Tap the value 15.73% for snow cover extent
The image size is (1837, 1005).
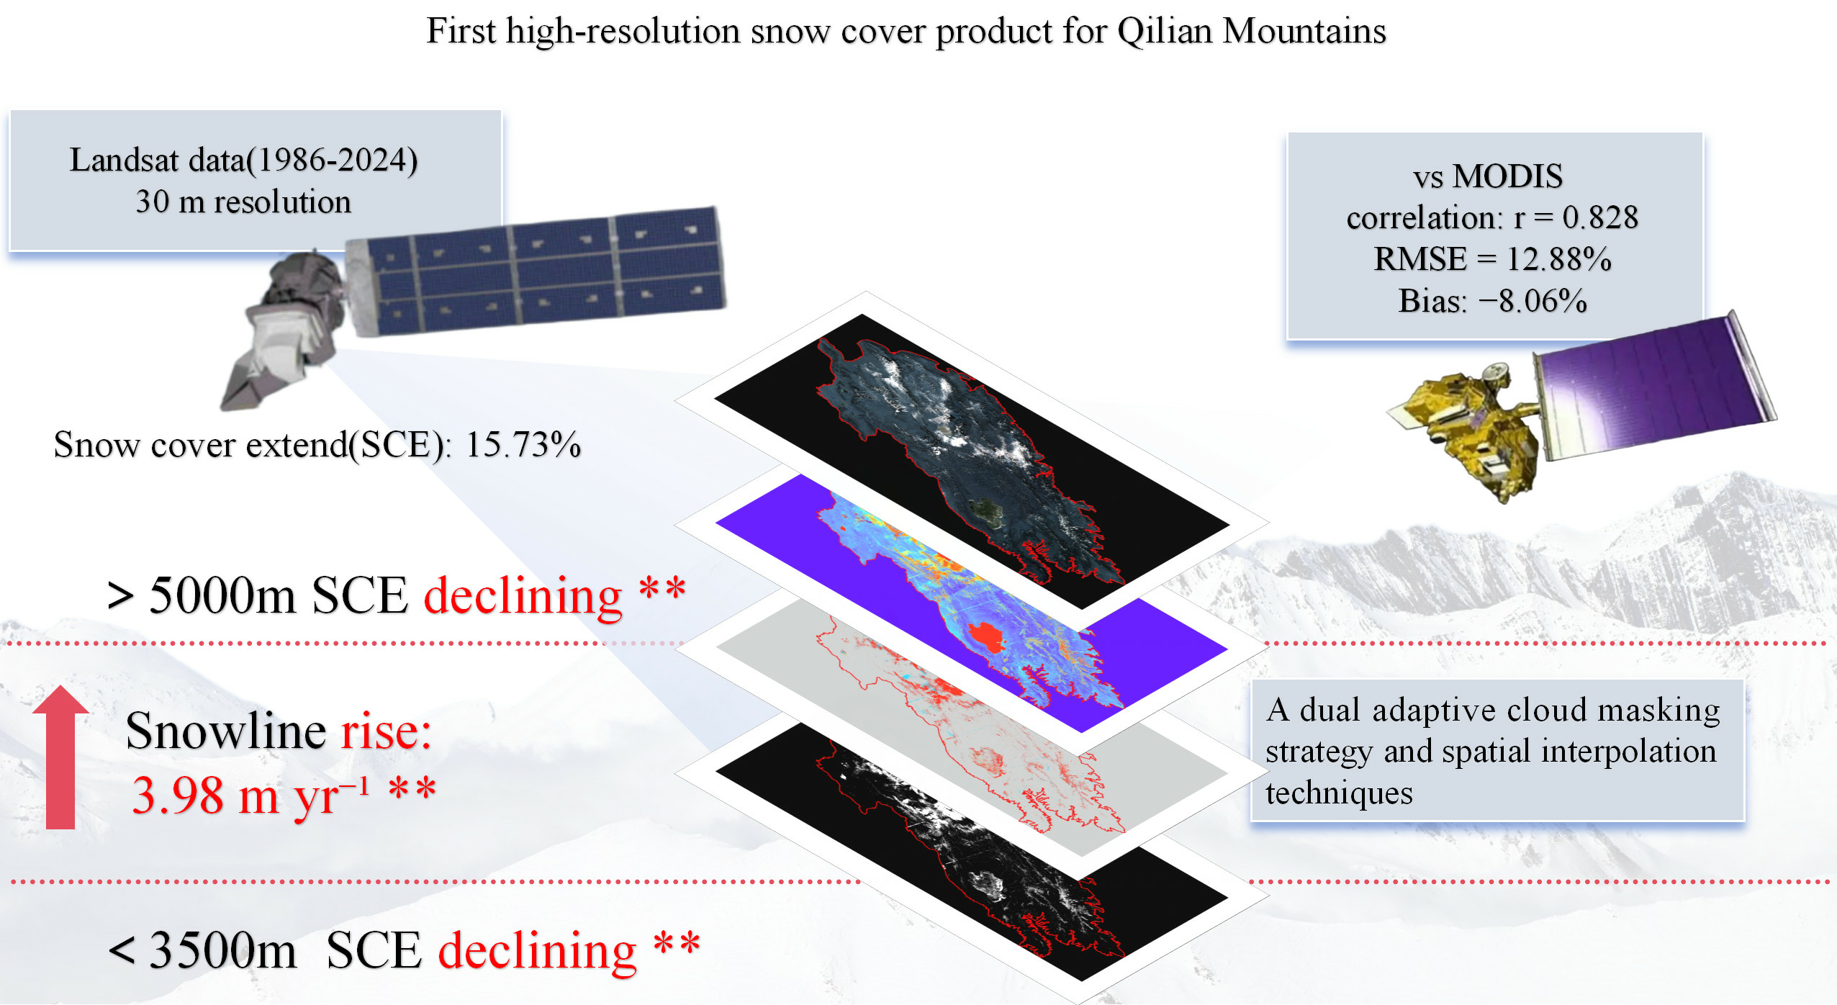[x=523, y=444]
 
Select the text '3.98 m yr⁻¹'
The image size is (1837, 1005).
[x=250, y=796]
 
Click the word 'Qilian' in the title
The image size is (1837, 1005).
[x=1164, y=32]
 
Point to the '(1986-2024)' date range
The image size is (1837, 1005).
[x=332, y=161]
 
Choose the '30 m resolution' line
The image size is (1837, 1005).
[x=243, y=202]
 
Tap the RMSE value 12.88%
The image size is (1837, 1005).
[x=1559, y=259]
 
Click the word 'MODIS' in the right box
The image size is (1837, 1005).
[x=1507, y=176]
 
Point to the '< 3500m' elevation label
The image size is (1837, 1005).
[x=202, y=950]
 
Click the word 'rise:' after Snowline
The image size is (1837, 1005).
[x=386, y=731]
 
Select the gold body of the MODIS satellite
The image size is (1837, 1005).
[x=1468, y=432]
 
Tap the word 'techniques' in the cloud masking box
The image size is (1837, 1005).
[x=1339, y=793]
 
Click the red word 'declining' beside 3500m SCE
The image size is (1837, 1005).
[x=538, y=952]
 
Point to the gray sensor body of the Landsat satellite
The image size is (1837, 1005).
[x=288, y=331]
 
